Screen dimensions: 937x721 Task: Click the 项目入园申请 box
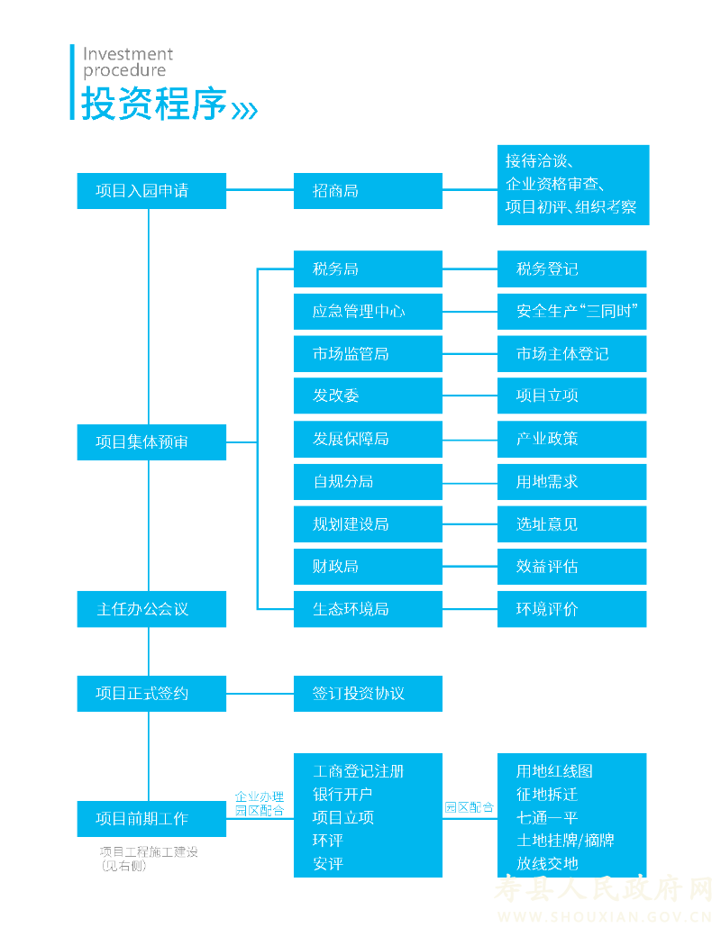coord(151,191)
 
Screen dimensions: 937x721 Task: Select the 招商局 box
coord(368,191)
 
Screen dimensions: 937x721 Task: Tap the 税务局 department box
coord(368,269)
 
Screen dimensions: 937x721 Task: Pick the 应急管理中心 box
coord(368,312)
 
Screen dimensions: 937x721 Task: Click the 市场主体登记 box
coord(571,354)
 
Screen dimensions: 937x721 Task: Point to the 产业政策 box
coord(571,439)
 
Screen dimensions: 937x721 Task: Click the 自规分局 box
coord(368,482)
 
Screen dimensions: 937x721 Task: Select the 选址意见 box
coord(571,524)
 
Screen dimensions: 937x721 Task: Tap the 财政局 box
coord(368,567)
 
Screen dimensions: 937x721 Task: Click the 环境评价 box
coord(571,609)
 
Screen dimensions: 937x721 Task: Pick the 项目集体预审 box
coord(151,442)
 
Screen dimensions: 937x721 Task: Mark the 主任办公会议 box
coord(151,609)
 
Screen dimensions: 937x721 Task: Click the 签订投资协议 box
coord(368,694)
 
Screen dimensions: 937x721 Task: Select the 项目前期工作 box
coord(151,819)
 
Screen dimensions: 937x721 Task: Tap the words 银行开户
coord(342,795)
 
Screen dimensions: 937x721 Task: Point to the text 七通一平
coord(547,818)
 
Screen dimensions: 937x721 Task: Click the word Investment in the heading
coord(128,54)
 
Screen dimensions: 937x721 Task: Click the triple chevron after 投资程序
coord(244,110)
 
